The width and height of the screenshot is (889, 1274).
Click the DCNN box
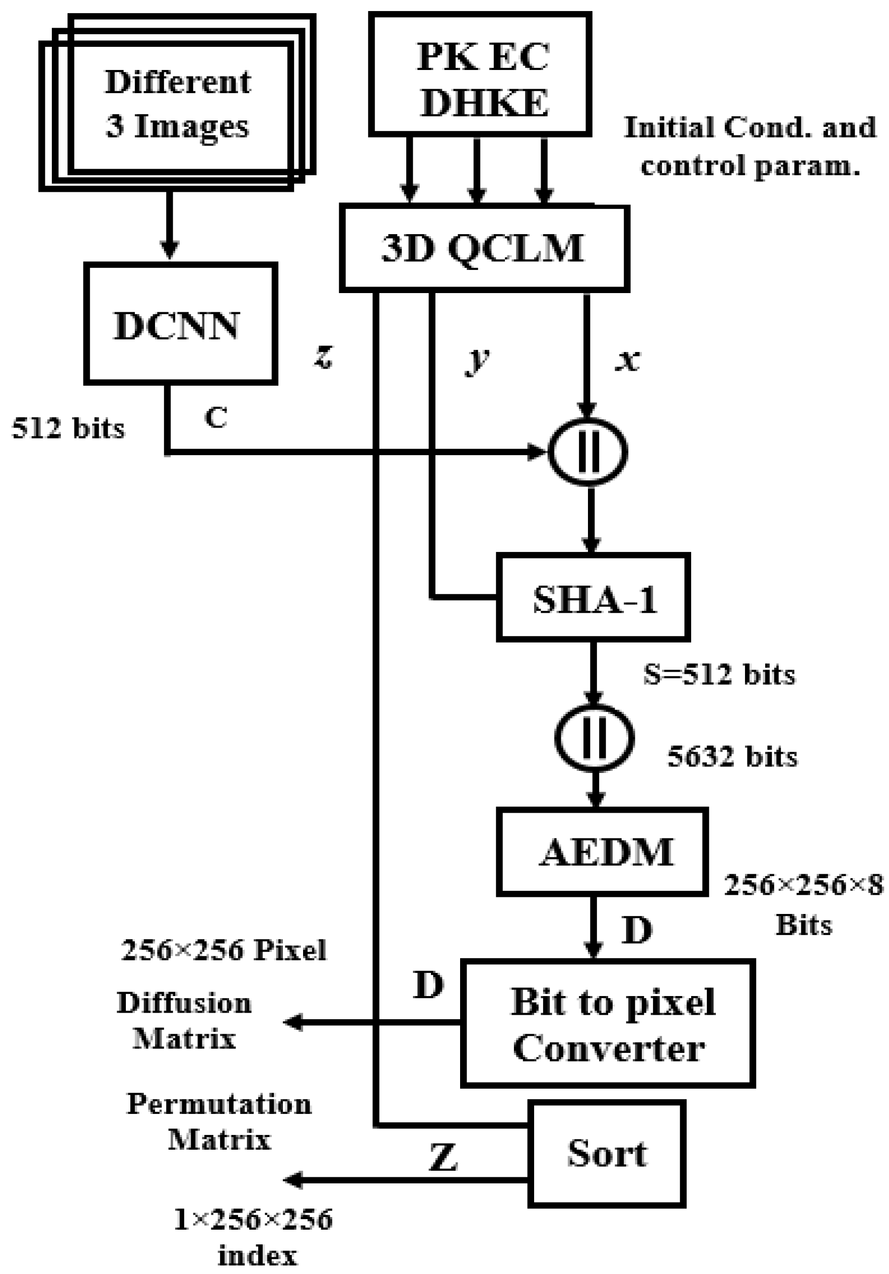pyautogui.click(x=180, y=323)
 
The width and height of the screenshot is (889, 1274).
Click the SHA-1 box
pyautogui.click(x=593, y=597)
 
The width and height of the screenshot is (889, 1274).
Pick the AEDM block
pyautogui.click(x=602, y=852)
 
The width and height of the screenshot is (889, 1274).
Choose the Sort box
pyautogui.click(x=607, y=1154)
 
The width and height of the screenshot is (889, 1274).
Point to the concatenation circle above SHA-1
pyautogui.click(x=588, y=452)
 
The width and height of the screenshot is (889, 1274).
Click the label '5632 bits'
pyautogui.click(x=732, y=756)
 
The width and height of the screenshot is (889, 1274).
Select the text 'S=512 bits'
pyautogui.click(x=719, y=675)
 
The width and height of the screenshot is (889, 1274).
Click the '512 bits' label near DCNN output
pyautogui.click(x=68, y=429)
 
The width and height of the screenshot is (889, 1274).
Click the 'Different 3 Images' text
pyautogui.click(x=178, y=104)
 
